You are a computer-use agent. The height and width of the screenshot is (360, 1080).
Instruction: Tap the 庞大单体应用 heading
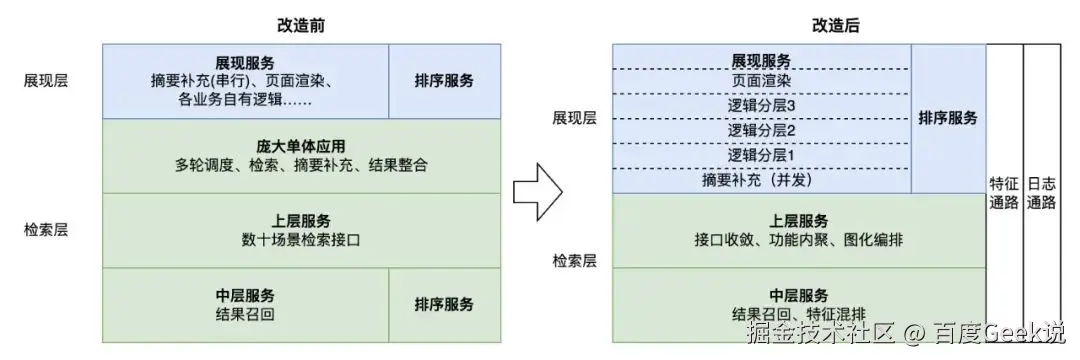click(x=301, y=146)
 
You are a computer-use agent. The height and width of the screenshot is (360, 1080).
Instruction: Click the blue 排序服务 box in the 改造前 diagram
click(x=444, y=81)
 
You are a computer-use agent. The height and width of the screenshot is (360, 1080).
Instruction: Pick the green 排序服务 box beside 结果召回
click(x=444, y=304)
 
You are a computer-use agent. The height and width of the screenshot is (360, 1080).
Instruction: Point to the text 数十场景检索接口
click(x=300, y=239)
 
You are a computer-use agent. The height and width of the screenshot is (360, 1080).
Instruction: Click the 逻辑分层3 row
click(x=761, y=105)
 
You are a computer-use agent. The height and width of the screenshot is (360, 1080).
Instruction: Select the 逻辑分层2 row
click(x=761, y=130)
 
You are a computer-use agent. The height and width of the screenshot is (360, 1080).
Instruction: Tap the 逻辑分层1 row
click(x=761, y=155)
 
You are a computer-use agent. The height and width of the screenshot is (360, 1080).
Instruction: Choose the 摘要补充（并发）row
click(x=761, y=181)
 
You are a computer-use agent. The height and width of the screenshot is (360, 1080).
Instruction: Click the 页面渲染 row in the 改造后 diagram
click(x=761, y=80)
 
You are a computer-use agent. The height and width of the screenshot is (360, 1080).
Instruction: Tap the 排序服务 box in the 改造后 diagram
click(x=948, y=118)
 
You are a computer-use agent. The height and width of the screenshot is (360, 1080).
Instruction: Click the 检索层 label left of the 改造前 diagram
click(x=46, y=229)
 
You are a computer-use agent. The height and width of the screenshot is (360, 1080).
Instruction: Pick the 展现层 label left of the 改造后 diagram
click(x=574, y=118)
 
